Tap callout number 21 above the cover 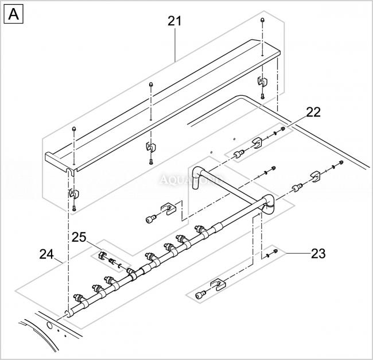174,21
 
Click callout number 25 78,237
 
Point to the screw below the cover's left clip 74,207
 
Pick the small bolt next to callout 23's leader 275,251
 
